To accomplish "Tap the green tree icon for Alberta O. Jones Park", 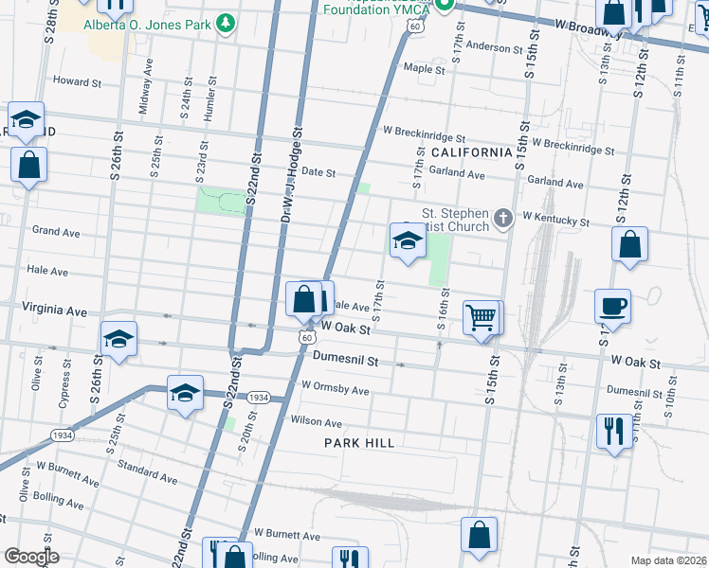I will [226, 22].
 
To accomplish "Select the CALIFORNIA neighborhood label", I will [471, 152].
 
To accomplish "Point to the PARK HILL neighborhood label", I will [359, 442].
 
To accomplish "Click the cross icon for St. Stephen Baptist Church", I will [502, 220].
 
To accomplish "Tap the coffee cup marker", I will [612, 307].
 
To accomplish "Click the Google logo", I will [30, 557].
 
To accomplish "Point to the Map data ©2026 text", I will [667, 559].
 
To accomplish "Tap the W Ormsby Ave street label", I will [335, 389].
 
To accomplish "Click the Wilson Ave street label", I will [317, 422].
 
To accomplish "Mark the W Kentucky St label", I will [554, 222].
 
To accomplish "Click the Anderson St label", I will [494, 46].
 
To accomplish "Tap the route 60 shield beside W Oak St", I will [304, 336].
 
